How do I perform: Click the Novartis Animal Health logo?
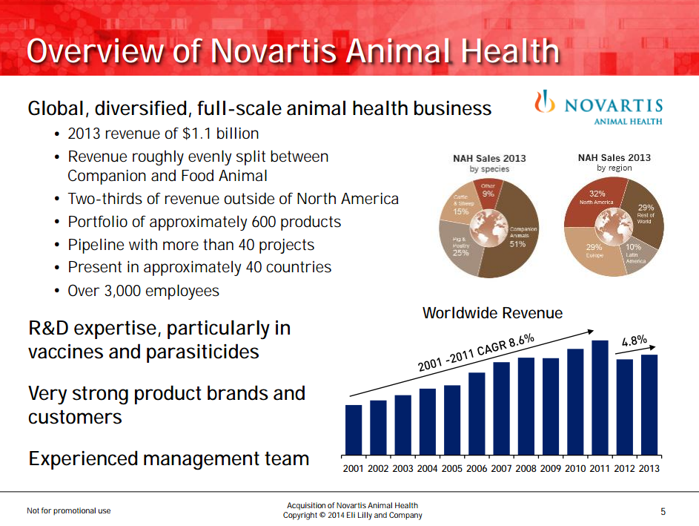(x=598, y=107)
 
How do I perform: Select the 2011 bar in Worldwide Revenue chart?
(x=600, y=397)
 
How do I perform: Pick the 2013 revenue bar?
(x=649, y=404)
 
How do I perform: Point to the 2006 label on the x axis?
(x=477, y=469)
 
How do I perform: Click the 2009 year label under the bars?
(x=551, y=469)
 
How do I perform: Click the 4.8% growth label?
(x=635, y=341)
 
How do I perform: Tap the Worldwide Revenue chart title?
(x=492, y=313)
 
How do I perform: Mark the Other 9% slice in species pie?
(x=488, y=191)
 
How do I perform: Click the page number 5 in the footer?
(x=663, y=511)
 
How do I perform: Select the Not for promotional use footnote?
(x=69, y=511)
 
